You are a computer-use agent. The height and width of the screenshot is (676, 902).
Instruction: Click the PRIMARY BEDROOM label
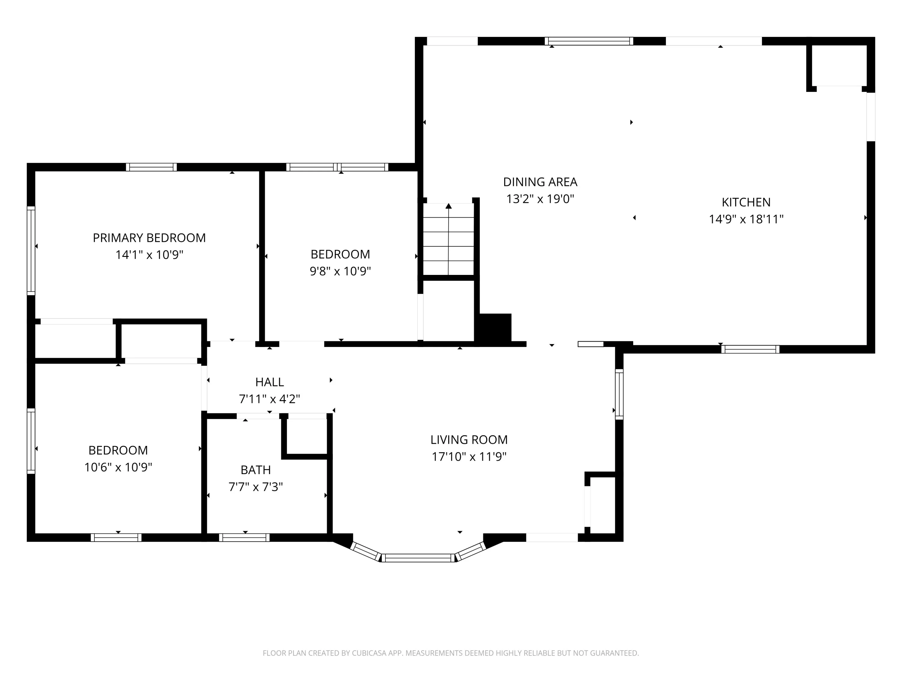(x=149, y=238)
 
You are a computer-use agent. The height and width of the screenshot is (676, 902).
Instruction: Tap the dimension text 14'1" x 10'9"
(x=149, y=255)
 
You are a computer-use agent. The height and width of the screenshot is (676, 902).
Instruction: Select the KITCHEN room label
(x=746, y=202)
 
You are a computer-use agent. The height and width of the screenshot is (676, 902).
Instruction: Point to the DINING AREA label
(x=540, y=182)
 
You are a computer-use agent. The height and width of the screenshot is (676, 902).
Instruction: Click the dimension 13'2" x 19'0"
(x=540, y=199)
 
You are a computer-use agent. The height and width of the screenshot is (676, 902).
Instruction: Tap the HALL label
(x=269, y=382)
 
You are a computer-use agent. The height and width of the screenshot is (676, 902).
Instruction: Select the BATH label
(x=256, y=470)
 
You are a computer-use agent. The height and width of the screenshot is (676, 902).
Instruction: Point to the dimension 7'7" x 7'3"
(x=256, y=487)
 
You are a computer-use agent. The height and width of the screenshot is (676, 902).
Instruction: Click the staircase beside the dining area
(x=449, y=239)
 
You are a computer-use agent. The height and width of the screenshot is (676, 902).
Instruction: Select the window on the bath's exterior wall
(x=244, y=537)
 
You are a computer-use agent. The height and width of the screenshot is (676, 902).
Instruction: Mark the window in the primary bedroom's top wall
(x=151, y=167)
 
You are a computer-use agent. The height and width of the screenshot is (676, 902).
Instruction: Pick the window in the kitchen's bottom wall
(x=750, y=349)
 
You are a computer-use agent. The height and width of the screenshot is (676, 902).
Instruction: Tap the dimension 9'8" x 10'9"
(x=340, y=271)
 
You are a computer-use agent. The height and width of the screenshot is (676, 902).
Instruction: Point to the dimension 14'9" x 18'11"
(x=746, y=219)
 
